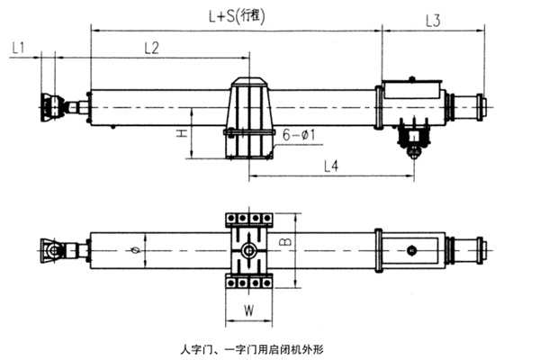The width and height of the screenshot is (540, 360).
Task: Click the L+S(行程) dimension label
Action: [x=237, y=15]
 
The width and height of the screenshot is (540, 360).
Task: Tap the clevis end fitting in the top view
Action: [x=52, y=106]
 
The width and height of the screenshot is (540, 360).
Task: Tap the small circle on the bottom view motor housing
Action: [x=411, y=249]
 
